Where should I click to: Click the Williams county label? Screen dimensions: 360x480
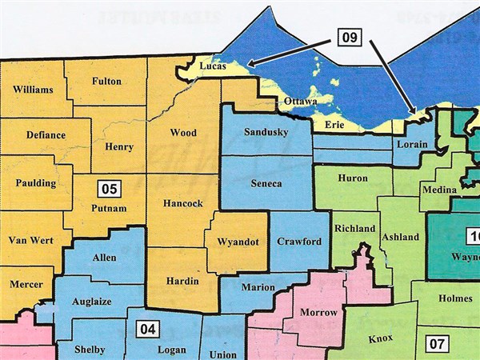tap(33, 90)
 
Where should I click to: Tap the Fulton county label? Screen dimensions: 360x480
tap(106, 81)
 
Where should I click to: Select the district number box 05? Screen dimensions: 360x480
tap(109, 189)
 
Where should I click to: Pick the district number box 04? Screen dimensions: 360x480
tap(146, 328)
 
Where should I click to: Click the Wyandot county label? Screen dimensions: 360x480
tap(235, 242)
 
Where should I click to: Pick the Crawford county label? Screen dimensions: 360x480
tap(299, 242)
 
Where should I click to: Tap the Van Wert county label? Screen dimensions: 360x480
tap(29, 240)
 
